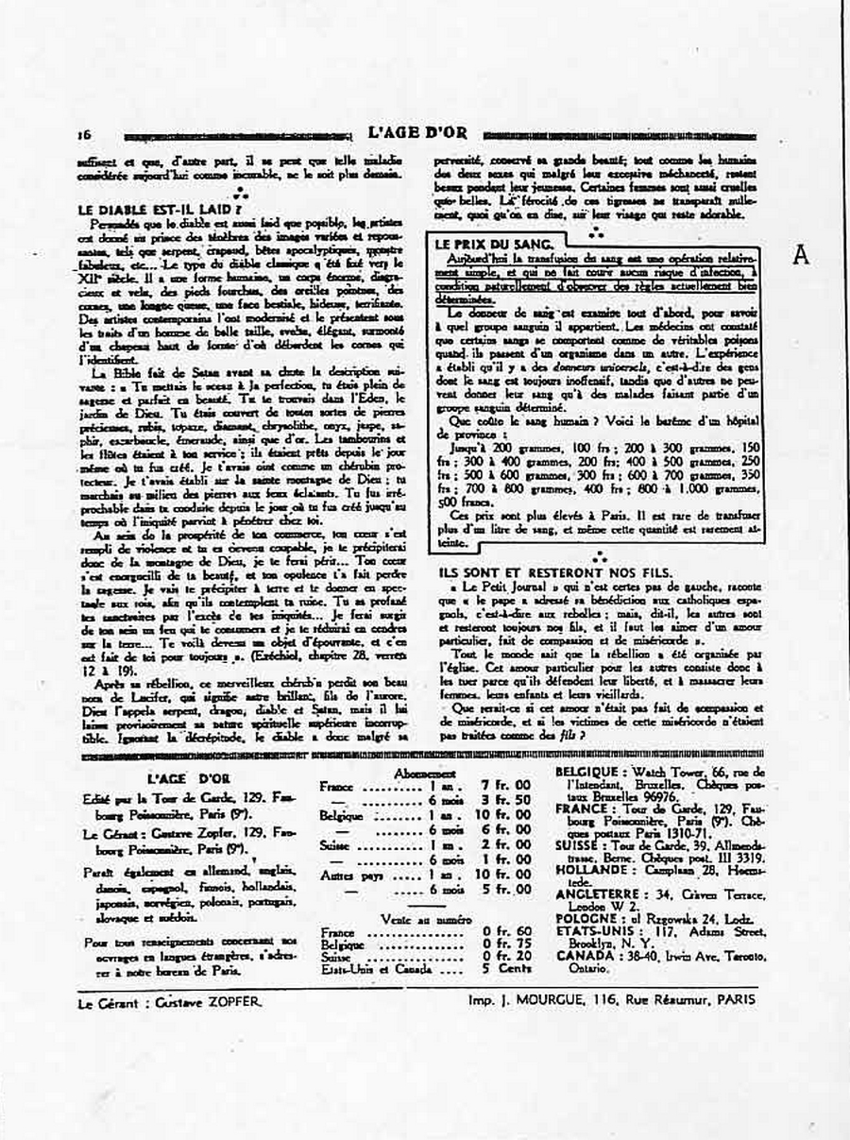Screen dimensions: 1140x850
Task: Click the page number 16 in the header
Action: [84, 134]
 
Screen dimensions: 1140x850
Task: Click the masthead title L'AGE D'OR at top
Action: [416, 132]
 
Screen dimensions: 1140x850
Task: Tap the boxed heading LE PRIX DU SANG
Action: [481, 243]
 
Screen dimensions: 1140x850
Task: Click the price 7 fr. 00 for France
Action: [506, 785]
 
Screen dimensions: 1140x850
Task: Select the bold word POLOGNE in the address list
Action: [587, 917]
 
